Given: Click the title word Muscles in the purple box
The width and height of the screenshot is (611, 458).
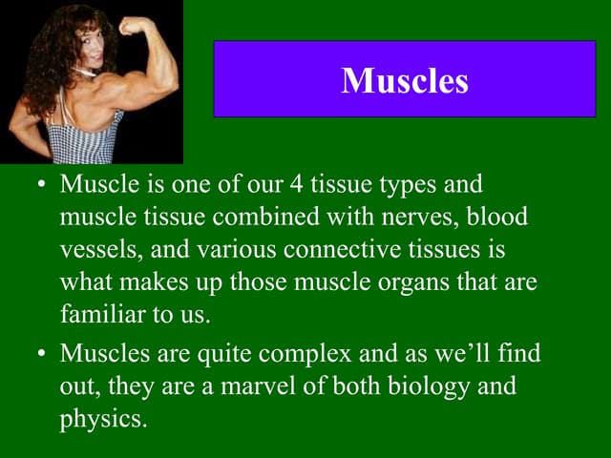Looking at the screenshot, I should (x=405, y=80).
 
